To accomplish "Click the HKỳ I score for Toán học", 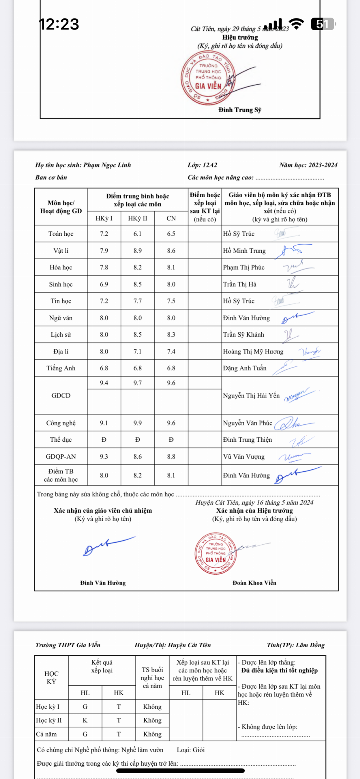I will pyautogui.click(x=104, y=234).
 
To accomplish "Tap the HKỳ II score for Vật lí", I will pyautogui.click(x=138, y=251).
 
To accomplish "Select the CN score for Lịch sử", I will pyautogui.click(x=171, y=335).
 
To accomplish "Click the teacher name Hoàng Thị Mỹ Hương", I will pyautogui.click(x=253, y=352).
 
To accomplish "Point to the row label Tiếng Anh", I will pyautogui.click(x=61, y=368).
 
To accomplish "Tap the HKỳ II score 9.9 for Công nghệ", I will pyautogui.click(x=138, y=423).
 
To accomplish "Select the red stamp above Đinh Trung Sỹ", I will pyautogui.click(x=208, y=78).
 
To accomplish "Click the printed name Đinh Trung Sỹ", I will pyautogui.click(x=240, y=110).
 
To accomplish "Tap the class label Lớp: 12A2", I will pyautogui.click(x=202, y=165).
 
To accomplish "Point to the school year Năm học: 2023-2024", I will pyautogui.click(x=308, y=165).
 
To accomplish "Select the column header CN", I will pyautogui.click(x=171, y=219).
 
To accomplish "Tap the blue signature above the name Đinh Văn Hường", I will pyautogui.click(x=108, y=545).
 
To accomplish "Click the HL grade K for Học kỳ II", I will pyautogui.click(x=85, y=720).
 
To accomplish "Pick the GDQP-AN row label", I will pyautogui.click(x=61, y=457).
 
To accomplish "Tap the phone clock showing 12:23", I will pyautogui.click(x=59, y=24).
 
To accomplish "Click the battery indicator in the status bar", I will pyautogui.click(x=323, y=24).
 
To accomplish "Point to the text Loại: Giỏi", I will pyautogui.click(x=191, y=750).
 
